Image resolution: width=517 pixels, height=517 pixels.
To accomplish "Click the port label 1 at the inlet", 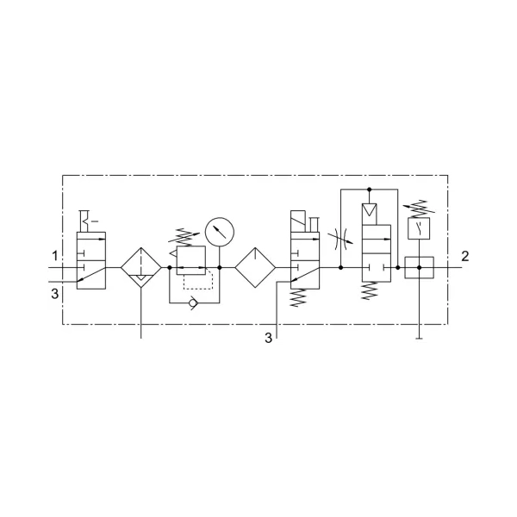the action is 55,256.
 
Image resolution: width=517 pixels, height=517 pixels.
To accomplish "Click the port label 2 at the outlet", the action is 465,256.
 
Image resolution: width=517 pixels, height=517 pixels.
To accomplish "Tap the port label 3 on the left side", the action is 55,293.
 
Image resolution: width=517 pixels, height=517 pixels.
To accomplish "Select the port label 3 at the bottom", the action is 269,338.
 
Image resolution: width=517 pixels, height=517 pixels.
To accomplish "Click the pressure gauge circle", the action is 220,232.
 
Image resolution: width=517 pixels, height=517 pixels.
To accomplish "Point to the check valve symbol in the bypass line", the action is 192,302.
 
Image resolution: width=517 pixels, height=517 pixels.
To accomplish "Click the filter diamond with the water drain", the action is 141,267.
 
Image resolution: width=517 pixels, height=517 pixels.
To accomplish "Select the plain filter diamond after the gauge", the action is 255,267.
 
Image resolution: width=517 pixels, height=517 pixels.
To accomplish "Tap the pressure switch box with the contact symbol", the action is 419,228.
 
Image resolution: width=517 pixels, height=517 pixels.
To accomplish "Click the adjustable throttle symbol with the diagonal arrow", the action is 340,238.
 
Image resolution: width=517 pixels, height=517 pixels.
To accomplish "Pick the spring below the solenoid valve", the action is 298,298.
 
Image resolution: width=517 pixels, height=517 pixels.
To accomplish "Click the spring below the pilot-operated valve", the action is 370,290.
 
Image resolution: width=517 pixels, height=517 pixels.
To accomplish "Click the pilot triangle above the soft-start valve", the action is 370,209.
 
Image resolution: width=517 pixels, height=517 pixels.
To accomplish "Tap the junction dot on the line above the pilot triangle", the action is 370,190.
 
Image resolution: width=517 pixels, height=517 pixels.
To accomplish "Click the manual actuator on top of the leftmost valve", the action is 86,221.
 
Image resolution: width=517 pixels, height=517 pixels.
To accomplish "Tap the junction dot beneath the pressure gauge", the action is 220,267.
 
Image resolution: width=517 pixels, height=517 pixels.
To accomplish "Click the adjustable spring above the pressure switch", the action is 419,209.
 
